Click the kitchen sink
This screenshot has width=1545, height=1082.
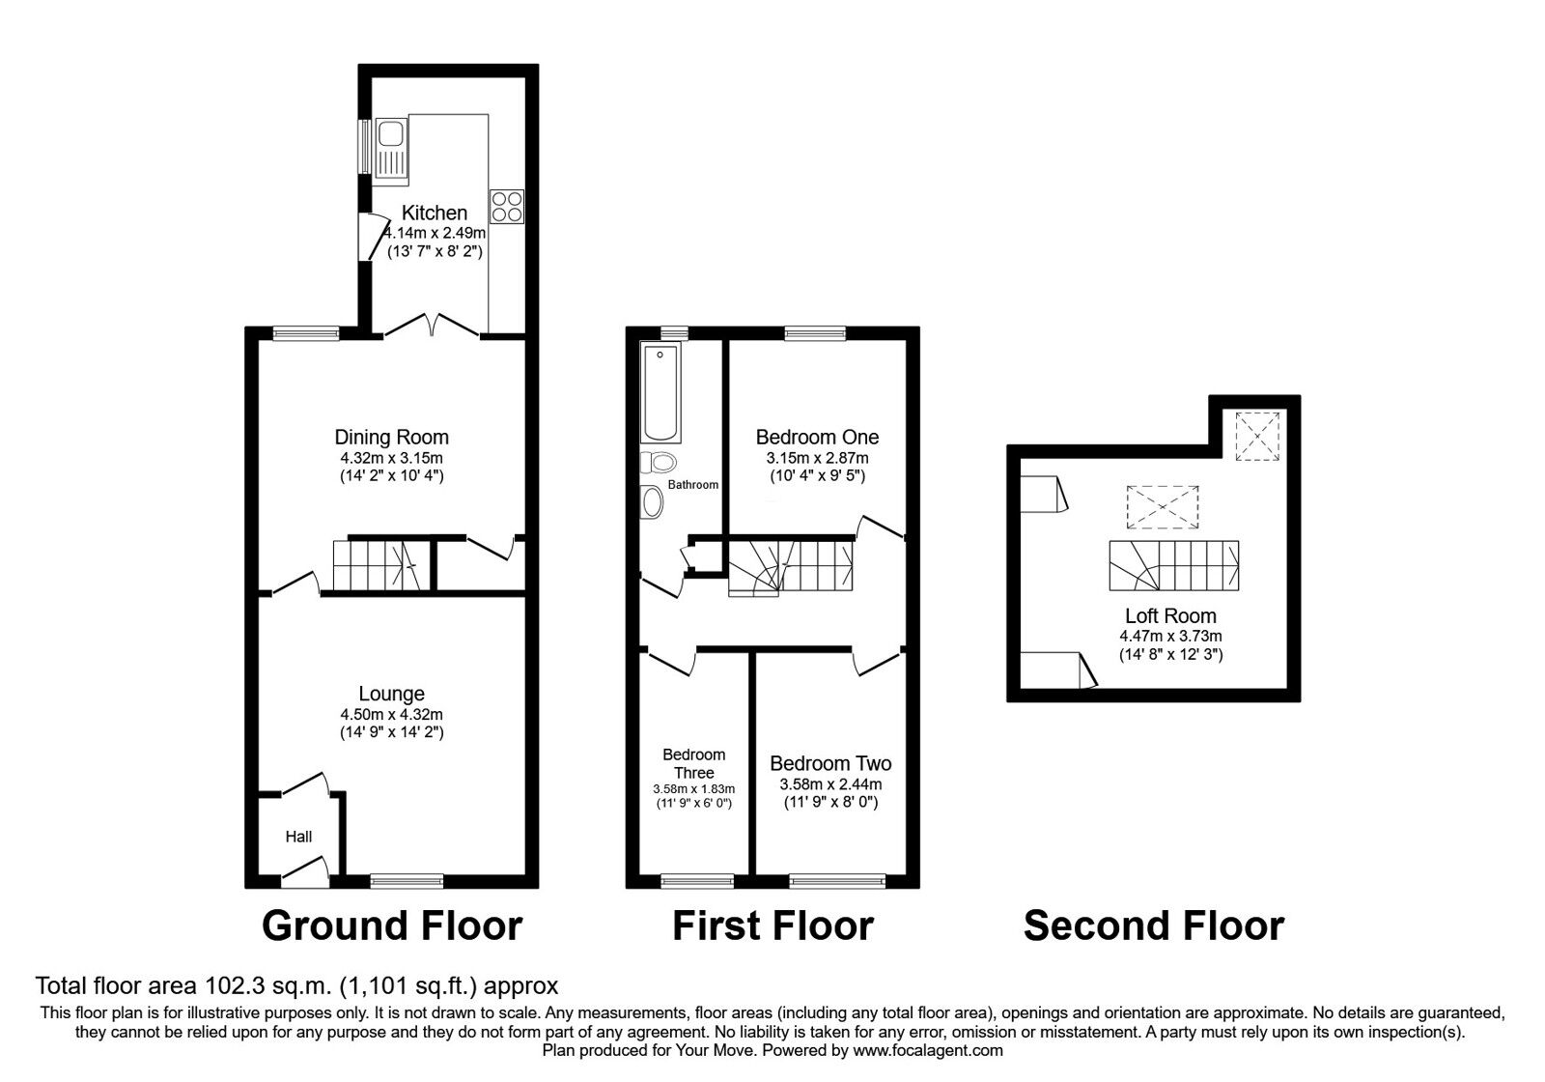[x=392, y=151]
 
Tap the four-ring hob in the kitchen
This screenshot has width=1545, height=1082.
[x=507, y=207]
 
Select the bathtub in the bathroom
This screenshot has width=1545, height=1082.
[x=660, y=392]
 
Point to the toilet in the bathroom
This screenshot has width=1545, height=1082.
[x=658, y=463]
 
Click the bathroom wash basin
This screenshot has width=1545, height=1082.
[x=652, y=501]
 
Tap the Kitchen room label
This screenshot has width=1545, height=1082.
[x=435, y=213]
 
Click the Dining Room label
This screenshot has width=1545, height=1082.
[x=392, y=437]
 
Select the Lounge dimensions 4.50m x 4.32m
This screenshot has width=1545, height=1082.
[x=392, y=715]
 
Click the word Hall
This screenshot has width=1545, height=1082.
[x=298, y=837]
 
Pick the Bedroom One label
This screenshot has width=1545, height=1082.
[x=817, y=437]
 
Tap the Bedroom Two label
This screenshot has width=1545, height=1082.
[x=830, y=763]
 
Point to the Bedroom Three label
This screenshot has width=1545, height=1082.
[x=694, y=763]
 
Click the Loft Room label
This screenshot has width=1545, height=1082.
[x=1170, y=615]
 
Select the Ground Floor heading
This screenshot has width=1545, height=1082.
[x=392, y=925]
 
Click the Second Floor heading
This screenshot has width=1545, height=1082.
[x=1154, y=925]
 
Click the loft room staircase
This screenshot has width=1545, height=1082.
[x=1174, y=566]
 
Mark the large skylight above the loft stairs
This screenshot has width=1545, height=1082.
[x=1163, y=507]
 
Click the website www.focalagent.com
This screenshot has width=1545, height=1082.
[x=928, y=1050]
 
